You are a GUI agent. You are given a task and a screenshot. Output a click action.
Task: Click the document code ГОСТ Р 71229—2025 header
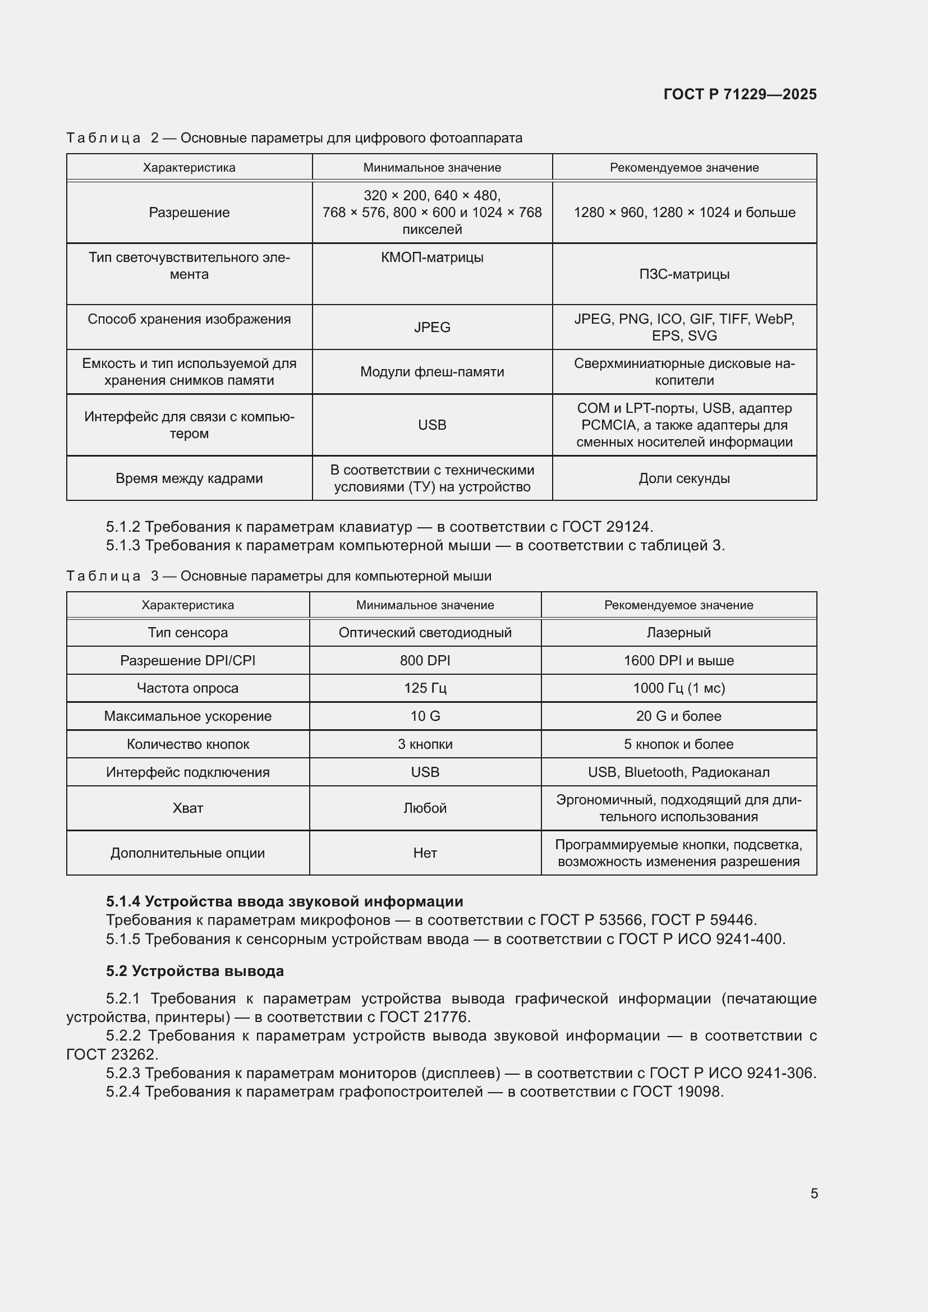(x=739, y=94)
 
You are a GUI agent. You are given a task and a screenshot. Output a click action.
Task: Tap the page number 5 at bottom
(x=814, y=1193)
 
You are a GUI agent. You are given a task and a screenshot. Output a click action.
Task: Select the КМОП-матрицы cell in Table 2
(x=432, y=257)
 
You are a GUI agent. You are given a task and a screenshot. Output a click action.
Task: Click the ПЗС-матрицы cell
(x=684, y=274)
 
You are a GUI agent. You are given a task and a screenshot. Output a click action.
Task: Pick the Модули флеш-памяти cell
(x=432, y=372)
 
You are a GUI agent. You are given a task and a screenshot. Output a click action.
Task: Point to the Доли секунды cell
(x=684, y=478)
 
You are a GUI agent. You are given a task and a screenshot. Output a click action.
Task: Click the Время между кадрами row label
(x=189, y=478)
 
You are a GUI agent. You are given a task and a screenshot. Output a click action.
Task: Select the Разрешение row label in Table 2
(x=189, y=213)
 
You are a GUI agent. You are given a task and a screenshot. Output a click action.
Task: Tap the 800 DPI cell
(x=425, y=661)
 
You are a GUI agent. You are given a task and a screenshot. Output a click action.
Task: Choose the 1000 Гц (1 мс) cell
(x=678, y=688)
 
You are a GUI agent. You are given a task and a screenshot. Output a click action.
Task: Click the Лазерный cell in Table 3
(x=678, y=633)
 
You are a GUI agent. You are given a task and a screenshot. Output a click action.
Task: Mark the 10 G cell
(x=425, y=716)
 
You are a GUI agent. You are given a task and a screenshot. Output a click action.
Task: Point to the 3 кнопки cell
(x=425, y=744)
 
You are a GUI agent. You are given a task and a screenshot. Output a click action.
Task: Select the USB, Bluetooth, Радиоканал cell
(x=678, y=772)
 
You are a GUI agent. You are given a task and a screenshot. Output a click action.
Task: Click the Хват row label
(x=187, y=808)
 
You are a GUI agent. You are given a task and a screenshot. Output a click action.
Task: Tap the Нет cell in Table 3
(x=425, y=853)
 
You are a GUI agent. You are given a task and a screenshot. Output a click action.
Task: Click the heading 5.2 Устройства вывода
(x=194, y=971)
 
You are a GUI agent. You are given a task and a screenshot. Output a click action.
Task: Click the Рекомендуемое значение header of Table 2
(x=684, y=167)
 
